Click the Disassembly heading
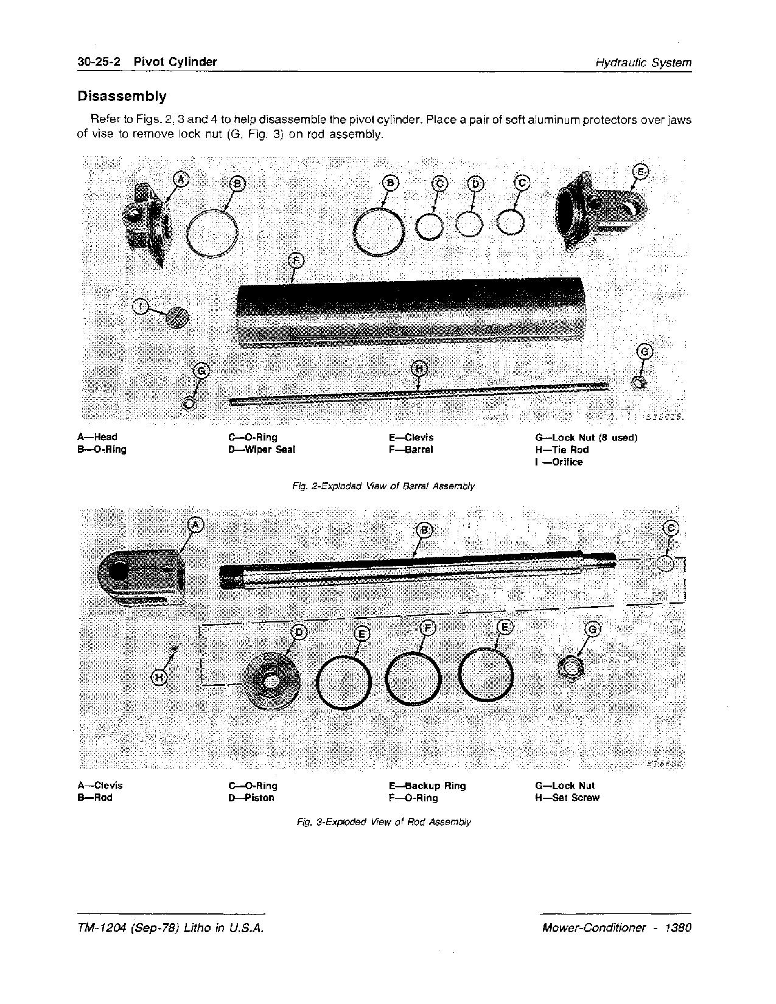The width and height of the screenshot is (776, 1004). click(121, 96)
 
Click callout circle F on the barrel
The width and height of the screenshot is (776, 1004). click(295, 261)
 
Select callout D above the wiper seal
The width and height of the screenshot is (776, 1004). click(475, 184)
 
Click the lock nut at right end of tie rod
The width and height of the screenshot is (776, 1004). click(638, 383)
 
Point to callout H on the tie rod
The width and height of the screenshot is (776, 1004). click(419, 368)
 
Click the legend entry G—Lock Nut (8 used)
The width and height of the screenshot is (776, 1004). click(586, 438)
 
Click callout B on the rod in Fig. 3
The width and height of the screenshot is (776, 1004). click(425, 530)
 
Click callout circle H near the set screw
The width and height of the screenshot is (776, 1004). click(159, 677)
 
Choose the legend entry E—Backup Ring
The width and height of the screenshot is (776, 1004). click(427, 786)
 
